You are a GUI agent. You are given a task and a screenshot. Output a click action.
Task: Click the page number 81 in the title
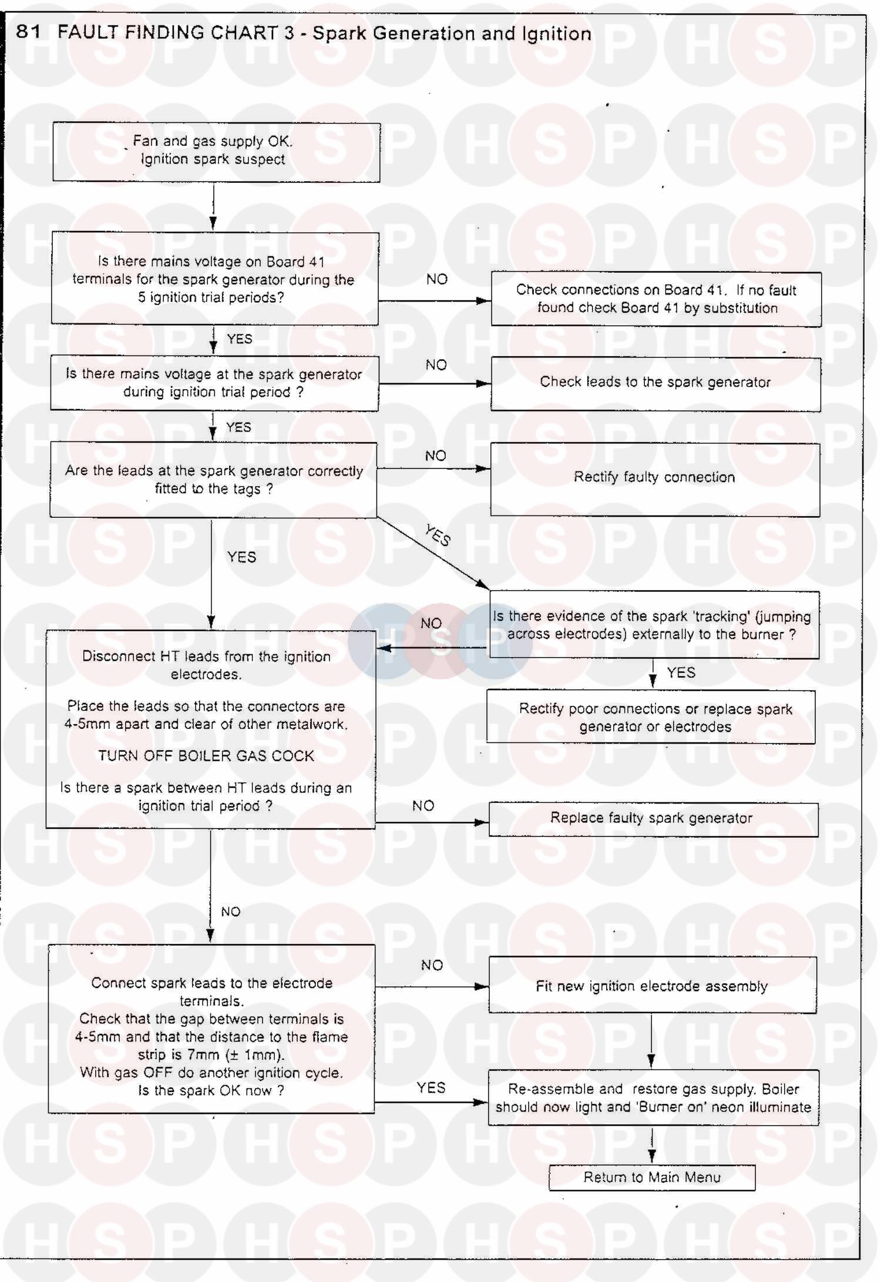(x=28, y=31)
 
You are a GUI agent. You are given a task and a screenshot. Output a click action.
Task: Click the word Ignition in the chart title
(x=556, y=34)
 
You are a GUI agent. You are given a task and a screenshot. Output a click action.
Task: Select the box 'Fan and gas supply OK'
(x=216, y=152)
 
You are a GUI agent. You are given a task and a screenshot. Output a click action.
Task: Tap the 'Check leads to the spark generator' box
(x=655, y=383)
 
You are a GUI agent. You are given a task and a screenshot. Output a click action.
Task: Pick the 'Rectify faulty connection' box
(x=654, y=478)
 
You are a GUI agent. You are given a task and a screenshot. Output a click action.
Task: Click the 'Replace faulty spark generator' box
(x=653, y=819)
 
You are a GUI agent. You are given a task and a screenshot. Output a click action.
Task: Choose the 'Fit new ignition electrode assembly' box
(x=652, y=986)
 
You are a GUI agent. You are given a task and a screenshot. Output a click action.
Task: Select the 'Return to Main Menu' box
(x=651, y=1177)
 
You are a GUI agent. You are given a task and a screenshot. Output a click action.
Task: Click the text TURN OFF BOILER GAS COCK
(x=206, y=756)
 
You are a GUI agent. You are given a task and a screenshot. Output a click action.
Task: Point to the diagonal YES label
(x=438, y=535)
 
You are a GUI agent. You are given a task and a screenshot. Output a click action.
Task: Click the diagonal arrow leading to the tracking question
(x=432, y=552)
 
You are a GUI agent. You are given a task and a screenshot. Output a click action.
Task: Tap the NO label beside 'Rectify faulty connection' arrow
(x=436, y=456)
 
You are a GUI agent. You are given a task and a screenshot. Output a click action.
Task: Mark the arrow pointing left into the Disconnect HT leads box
(x=432, y=648)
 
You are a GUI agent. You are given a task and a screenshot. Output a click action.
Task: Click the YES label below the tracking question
(x=681, y=672)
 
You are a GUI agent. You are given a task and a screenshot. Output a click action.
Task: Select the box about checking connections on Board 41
(x=655, y=299)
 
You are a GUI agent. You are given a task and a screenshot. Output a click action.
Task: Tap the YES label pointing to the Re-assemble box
(x=431, y=1088)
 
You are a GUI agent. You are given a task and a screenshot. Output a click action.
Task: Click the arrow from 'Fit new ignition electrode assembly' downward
(x=651, y=1040)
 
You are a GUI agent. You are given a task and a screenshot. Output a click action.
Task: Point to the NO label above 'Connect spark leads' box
(x=231, y=912)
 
